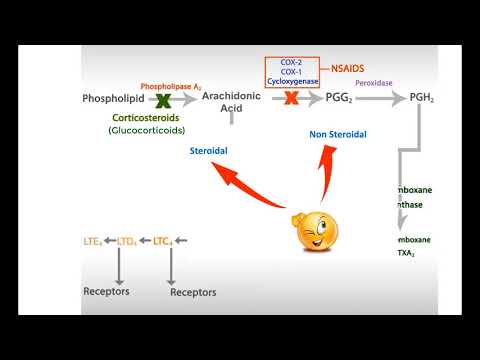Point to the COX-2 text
pyautogui.click(x=292, y=63)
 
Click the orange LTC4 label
pyautogui.click(x=163, y=241)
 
